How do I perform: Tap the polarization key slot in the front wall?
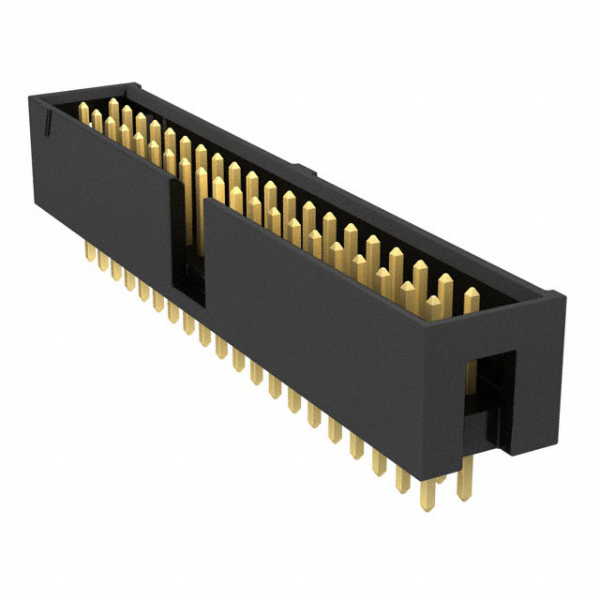tap(186, 244)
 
